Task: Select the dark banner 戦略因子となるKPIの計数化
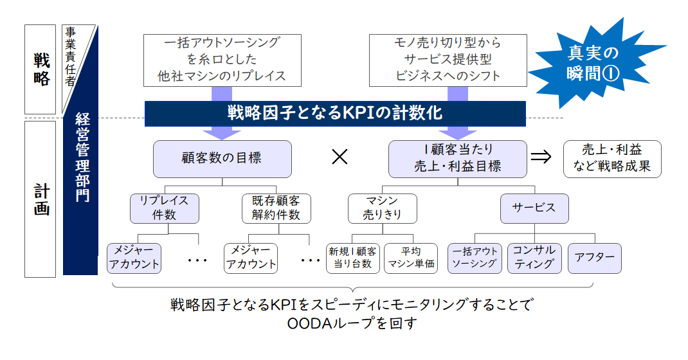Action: point(335,114)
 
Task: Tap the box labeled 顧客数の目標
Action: point(222,159)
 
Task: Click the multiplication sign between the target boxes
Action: point(339,157)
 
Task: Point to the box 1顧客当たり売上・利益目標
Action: point(458,159)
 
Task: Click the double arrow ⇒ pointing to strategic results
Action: point(541,157)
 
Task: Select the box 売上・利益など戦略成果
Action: point(612,159)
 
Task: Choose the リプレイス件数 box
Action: point(165,208)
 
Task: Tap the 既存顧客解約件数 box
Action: point(276,208)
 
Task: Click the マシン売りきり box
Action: point(382,208)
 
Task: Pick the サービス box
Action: point(534,208)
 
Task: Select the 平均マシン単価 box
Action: point(411,258)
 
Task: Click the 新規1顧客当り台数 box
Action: point(353,258)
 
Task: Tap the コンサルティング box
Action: point(534,258)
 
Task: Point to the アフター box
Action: point(595,258)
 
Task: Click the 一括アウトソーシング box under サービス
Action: point(475,258)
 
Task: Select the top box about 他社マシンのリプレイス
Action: point(222,60)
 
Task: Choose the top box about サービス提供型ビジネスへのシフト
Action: point(448,60)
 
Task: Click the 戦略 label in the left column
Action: point(41,69)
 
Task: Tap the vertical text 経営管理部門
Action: point(82,157)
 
